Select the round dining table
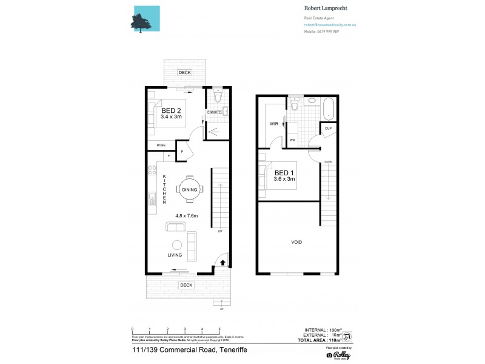coord(189,190)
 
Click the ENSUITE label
coord(214,112)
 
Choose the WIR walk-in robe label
coord(273,124)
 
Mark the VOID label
coord(296,242)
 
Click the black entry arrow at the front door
coord(222,263)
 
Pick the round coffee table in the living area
coord(177,245)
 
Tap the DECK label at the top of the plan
coord(185,73)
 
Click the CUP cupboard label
coord(327,129)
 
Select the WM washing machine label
coord(292,140)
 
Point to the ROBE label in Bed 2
coord(161,145)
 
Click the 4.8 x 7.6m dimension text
coord(187,215)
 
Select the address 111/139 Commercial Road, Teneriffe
coord(189,351)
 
